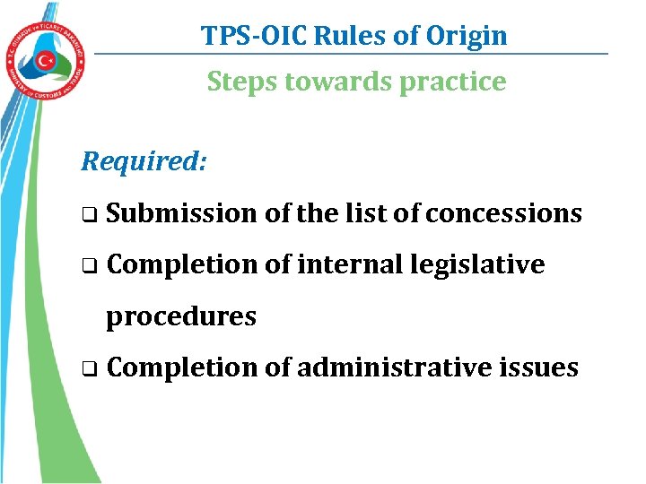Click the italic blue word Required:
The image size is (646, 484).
point(144,161)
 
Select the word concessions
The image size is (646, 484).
point(503,213)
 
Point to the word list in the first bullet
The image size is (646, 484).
point(368,213)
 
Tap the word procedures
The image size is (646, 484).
point(181,316)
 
